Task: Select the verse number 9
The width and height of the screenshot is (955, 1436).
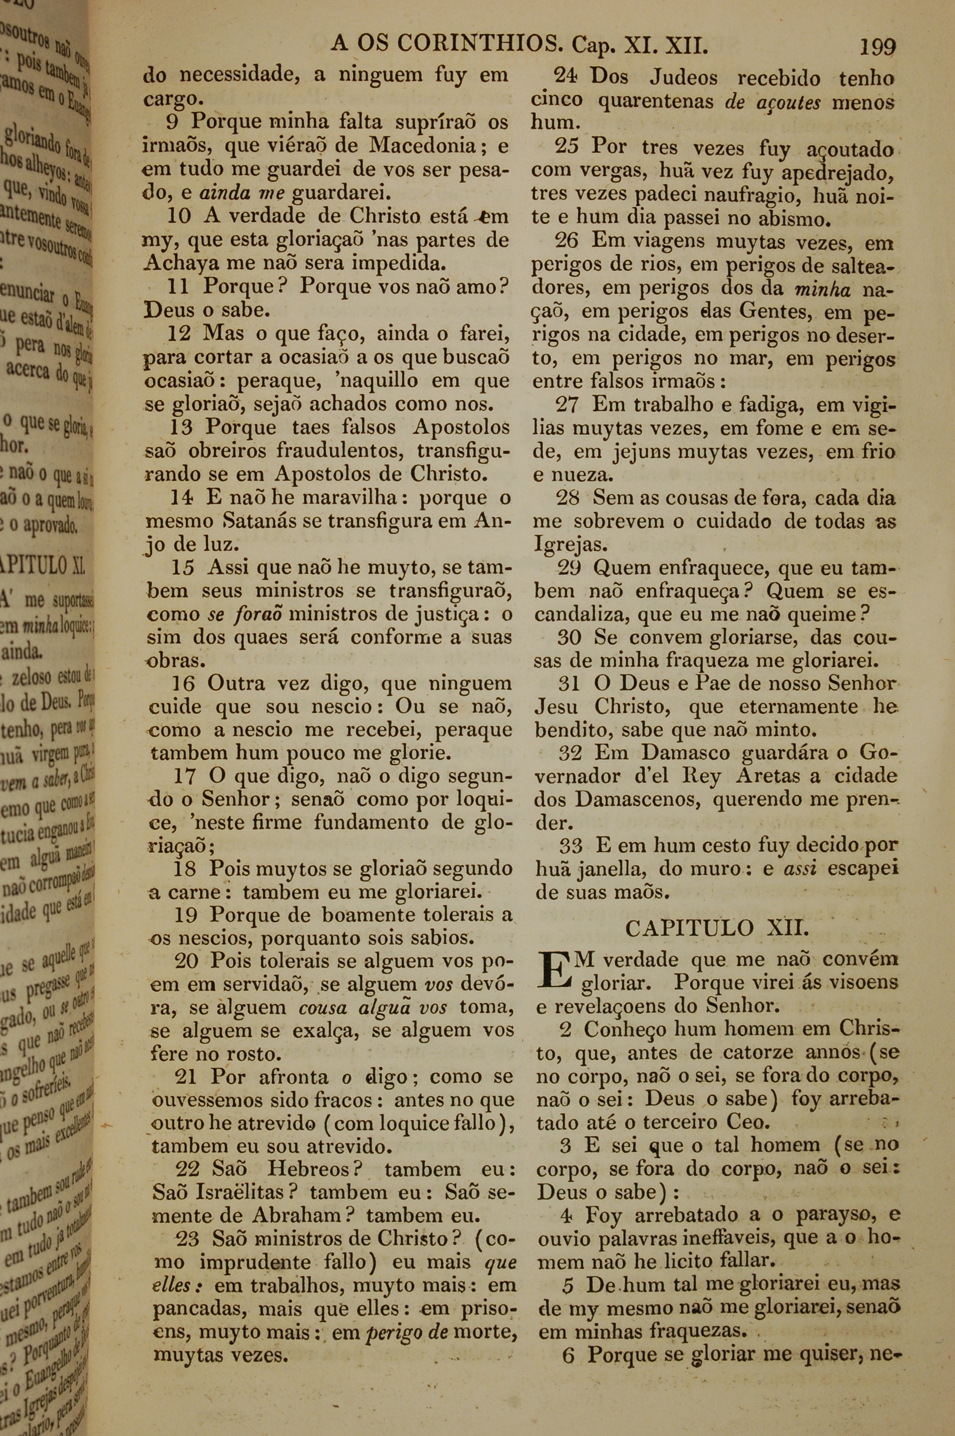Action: point(172,122)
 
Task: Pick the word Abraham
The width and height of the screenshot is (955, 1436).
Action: point(296,1214)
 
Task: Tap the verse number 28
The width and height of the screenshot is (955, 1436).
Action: point(568,498)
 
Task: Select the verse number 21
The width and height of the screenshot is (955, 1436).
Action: point(186,1077)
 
